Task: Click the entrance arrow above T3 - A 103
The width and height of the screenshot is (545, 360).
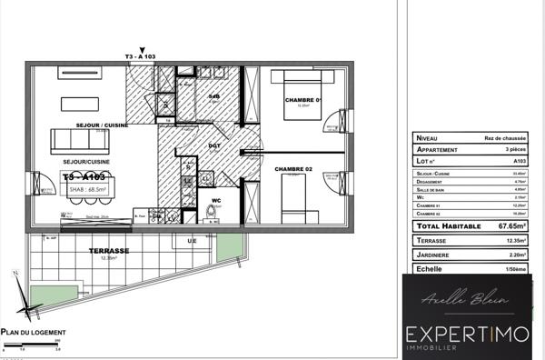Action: click(x=141, y=51)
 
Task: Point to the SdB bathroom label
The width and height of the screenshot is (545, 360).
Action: click(x=214, y=95)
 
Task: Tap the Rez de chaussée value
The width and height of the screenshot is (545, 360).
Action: click(x=509, y=137)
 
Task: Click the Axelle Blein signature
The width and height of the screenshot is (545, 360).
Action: click(x=472, y=300)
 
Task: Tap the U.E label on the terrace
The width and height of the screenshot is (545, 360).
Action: click(x=192, y=240)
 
